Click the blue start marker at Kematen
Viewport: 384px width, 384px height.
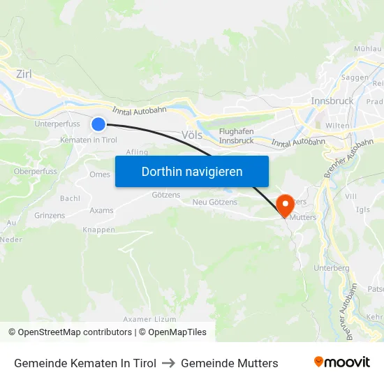[98, 124]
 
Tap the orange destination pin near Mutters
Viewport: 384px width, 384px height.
[285, 205]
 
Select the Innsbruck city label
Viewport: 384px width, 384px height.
[332, 101]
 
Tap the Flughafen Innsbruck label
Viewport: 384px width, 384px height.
[236, 135]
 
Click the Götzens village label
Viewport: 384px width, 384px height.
[166, 195]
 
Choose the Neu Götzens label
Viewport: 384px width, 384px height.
[214, 202]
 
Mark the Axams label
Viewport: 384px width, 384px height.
[101, 209]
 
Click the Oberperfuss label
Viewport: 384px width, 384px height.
[35, 171]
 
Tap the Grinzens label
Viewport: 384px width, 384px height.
[50, 216]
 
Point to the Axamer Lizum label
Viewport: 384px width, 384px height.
[149, 319]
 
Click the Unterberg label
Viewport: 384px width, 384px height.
[332, 268]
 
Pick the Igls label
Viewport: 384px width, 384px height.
[363, 209]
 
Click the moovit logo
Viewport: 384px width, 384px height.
[342, 362]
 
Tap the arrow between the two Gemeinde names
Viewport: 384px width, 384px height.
[168, 363]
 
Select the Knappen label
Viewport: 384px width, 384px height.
[98, 230]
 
